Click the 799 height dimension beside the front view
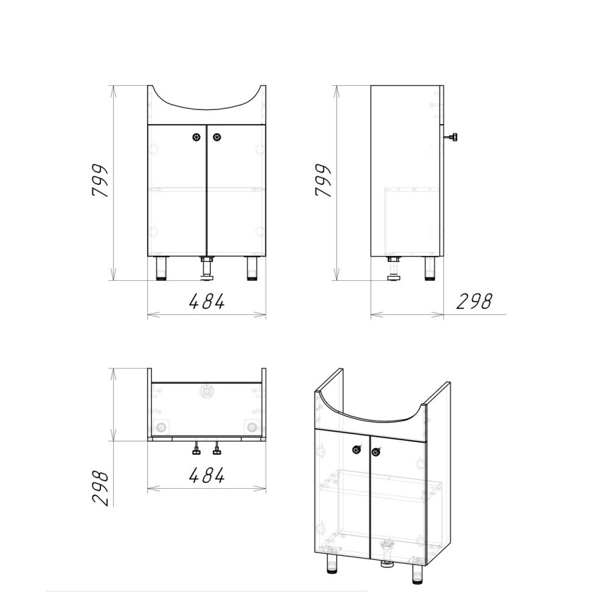99,181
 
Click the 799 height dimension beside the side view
323,181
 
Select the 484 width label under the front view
207,302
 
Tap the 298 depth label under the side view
474,302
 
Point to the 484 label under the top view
207,475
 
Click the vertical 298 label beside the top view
100,488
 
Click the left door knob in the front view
196,137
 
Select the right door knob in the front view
217,137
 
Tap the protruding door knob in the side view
451,137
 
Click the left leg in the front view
161,268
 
